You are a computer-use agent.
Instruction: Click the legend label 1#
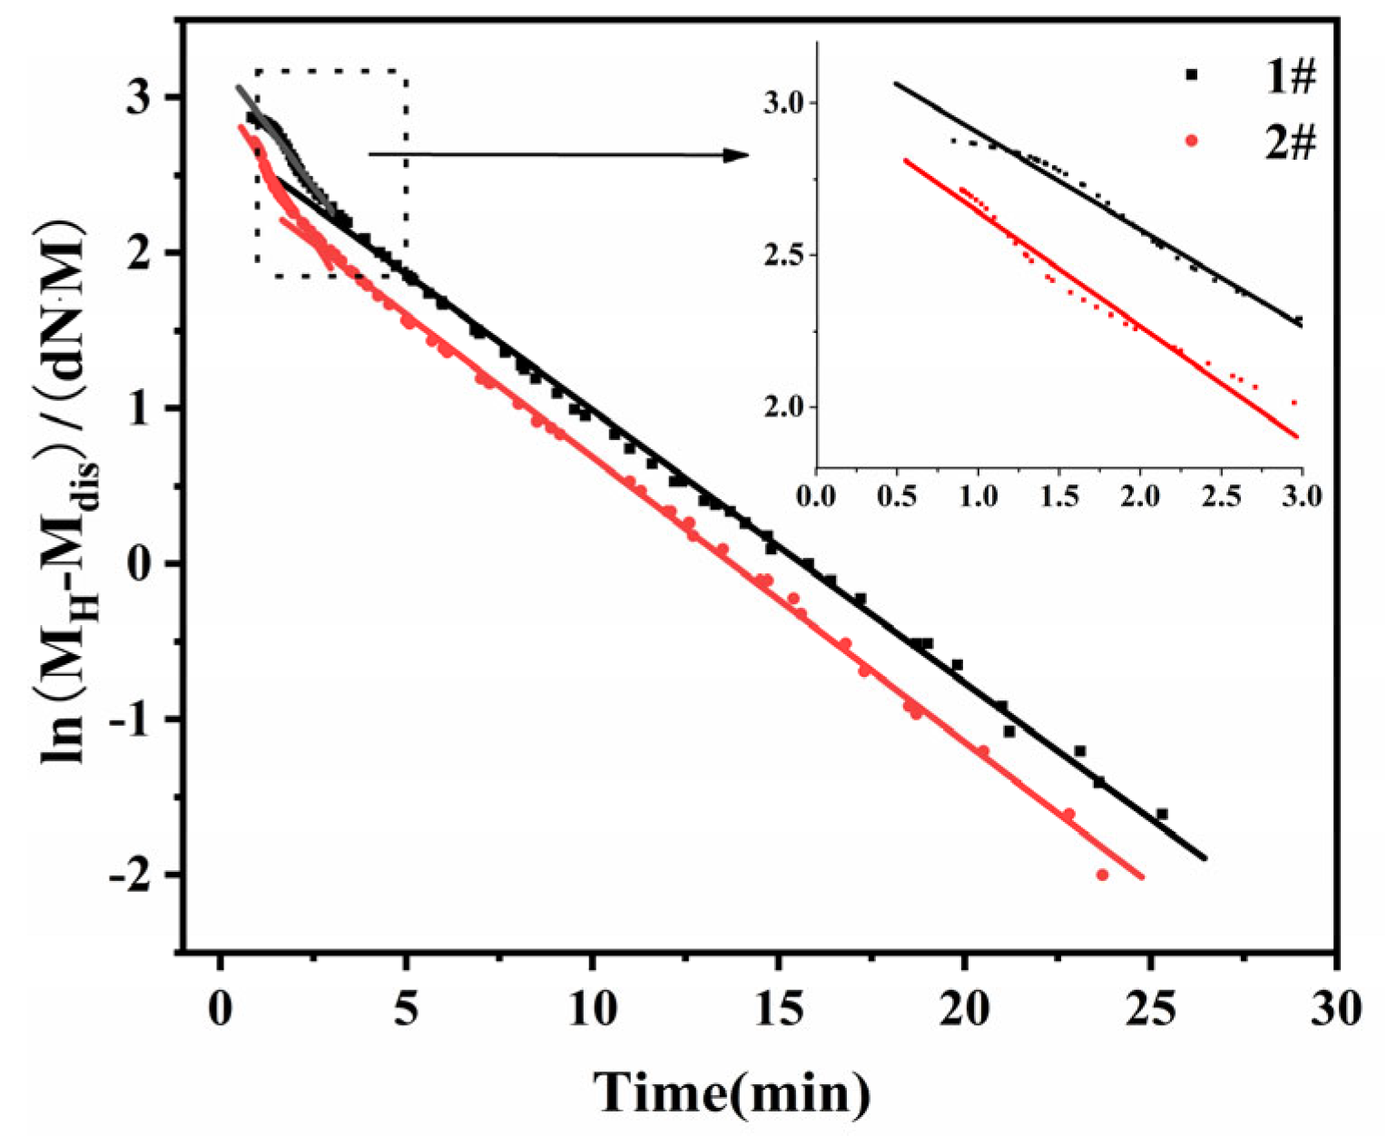pyautogui.click(x=1290, y=78)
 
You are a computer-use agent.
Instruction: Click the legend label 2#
pyautogui.click(x=1290, y=142)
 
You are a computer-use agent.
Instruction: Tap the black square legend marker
pyautogui.click(x=1192, y=76)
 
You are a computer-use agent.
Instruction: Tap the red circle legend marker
pyautogui.click(x=1192, y=141)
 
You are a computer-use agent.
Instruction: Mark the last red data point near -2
pyautogui.click(x=1103, y=875)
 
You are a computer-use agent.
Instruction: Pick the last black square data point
pyautogui.click(x=1162, y=814)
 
